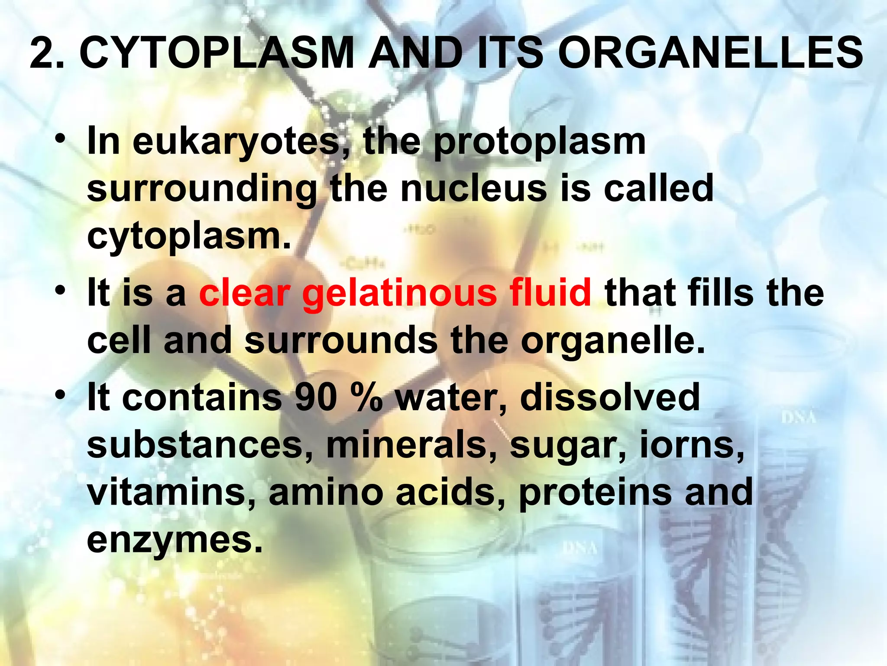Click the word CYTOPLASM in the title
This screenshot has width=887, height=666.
[x=217, y=53]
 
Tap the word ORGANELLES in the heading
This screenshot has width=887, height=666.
[x=710, y=53]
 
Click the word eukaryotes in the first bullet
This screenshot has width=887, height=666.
[x=236, y=142]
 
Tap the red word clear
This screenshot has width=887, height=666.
[x=245, y=293]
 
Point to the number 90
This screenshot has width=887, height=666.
[x=316, y=398]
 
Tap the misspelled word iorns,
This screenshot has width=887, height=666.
[x=692, y=445]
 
